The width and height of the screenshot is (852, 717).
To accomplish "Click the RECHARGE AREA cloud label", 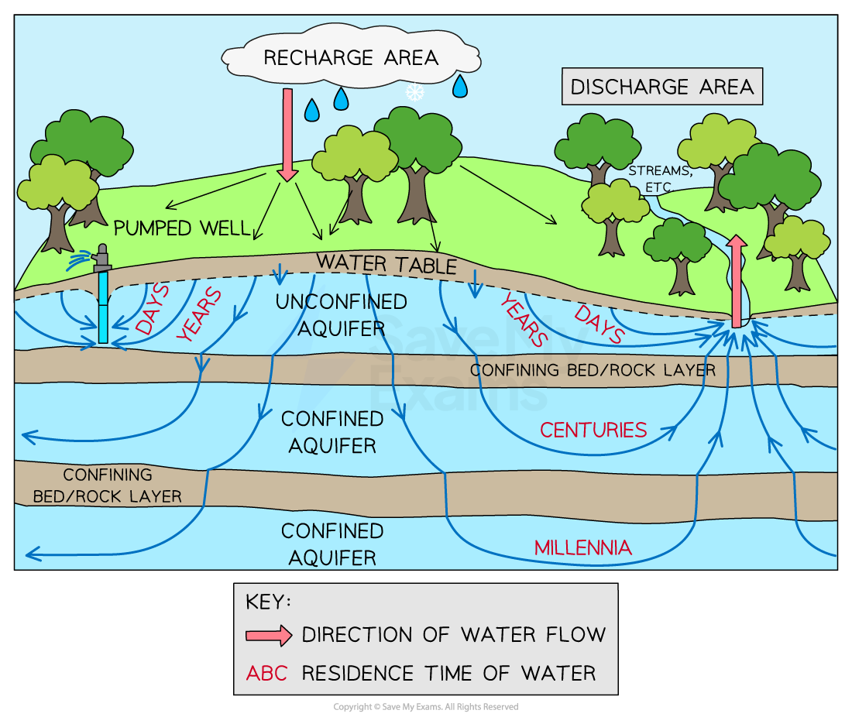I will coord(350,58).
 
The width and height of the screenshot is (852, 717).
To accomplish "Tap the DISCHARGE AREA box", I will coord(661,87).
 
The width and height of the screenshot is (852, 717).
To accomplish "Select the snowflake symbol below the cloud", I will coord(415,92).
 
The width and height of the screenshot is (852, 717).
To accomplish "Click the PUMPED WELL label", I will coord(182,228).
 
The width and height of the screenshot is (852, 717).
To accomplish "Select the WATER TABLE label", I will coord(386,263).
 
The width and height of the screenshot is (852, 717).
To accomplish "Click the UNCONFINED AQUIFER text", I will coord(331,314).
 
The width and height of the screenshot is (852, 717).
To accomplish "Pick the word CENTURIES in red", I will coord(593,431).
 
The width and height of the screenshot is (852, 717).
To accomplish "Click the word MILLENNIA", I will coord(582,548).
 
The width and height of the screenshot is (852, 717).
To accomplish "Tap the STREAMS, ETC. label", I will coord(651,179).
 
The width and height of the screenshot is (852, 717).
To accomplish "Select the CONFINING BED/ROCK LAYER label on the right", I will coord(593,370).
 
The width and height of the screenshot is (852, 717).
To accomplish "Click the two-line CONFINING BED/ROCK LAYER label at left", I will coord(108,485).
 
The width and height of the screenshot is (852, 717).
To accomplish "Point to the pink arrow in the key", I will coord(268,636).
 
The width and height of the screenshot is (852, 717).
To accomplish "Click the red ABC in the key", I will coord(266,673).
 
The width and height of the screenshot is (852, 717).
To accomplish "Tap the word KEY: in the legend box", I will coord(268,602).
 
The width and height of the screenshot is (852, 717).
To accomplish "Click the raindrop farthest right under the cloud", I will coord(460,86).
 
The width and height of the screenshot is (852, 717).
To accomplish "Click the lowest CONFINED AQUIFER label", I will coord(332,544).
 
